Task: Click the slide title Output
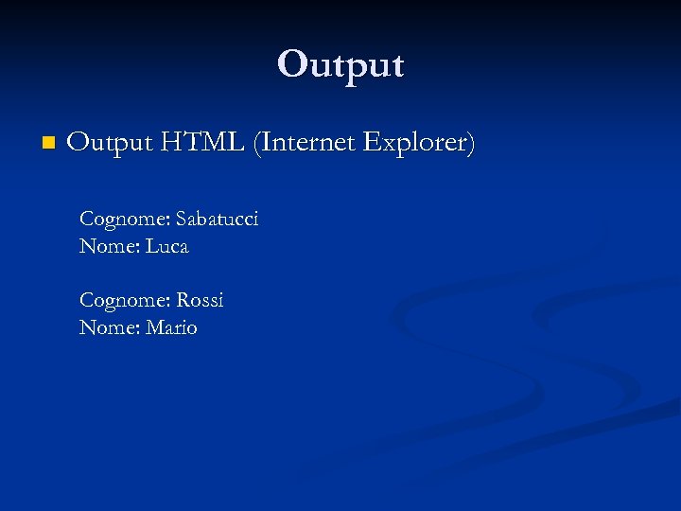340,64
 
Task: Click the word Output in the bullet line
110,144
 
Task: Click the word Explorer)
421,144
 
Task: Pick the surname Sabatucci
217,220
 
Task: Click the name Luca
167,247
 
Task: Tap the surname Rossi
200,301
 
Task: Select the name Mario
171,328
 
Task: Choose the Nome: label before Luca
109,247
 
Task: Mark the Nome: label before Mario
109,328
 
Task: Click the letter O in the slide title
291,64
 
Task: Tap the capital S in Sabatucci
181,220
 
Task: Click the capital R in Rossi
182,301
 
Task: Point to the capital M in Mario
154,328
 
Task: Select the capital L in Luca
151,247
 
